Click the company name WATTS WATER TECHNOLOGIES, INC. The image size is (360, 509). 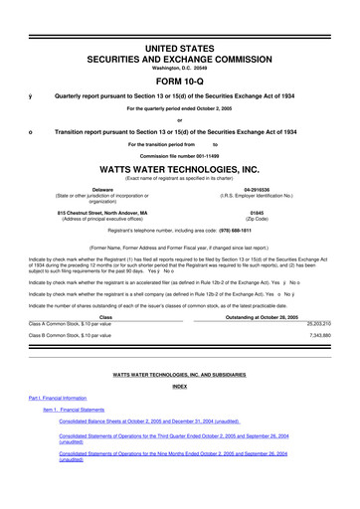[180, 168]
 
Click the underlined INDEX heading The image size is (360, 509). [180, 385]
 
